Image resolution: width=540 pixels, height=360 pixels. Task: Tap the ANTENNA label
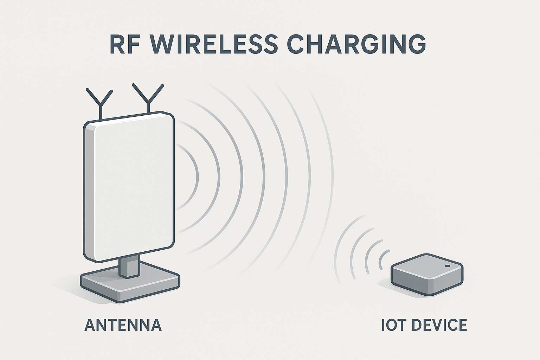click(x=123, y=325)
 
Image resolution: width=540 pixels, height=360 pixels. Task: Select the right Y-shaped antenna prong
click(x=148, y=97)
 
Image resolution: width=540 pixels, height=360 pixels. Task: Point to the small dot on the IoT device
click(x=447, y=266)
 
